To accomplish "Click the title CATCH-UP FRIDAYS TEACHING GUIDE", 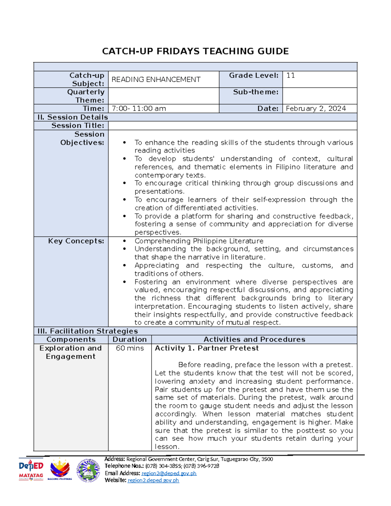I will tap(195, 51).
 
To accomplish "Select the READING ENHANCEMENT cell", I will tap(156, 80).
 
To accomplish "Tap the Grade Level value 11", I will tap(290, 76).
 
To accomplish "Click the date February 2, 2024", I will tap(315, 108).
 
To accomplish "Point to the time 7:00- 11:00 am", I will tap(139, 108).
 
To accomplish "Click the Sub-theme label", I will tap(255, 92).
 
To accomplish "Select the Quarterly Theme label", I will tap(86, 96).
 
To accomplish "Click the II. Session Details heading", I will tap(73, 117).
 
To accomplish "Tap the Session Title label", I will tap(78, 125).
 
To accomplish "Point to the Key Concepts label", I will tap(76, 241).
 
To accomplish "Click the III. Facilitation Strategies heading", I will tap(88, 331).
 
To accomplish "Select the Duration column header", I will tap(130, 340).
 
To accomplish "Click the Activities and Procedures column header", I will tap(254, 340).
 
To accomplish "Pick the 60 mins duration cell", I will tap(130, 348).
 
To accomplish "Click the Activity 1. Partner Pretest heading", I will tap(207, 348).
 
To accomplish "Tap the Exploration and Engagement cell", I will tap(71, 352).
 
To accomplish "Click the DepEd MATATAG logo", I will tap(31, 470).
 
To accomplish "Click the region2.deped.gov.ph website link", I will tap(153, 480).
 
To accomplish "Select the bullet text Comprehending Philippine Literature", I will tap(199, 241).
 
